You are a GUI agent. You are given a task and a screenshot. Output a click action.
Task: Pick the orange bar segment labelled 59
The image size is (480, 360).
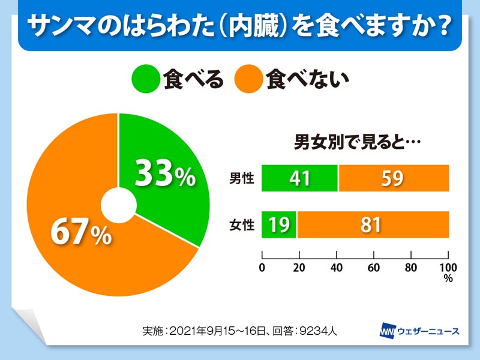(394, 178)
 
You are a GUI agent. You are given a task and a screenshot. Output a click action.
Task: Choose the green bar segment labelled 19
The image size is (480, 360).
(279, 225)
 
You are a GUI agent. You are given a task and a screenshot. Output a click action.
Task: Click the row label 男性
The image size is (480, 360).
(242, 178)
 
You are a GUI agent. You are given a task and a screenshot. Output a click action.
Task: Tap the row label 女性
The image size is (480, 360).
(242, 226)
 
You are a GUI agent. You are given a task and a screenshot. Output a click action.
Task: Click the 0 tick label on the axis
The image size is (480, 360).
(262, 267)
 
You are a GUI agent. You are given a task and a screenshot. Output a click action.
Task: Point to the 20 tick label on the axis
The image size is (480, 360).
(299, 267)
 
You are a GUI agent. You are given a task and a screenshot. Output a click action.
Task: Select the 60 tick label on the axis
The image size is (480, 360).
(374, 267)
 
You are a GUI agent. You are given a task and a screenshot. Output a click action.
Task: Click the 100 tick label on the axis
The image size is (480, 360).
(448, 267)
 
